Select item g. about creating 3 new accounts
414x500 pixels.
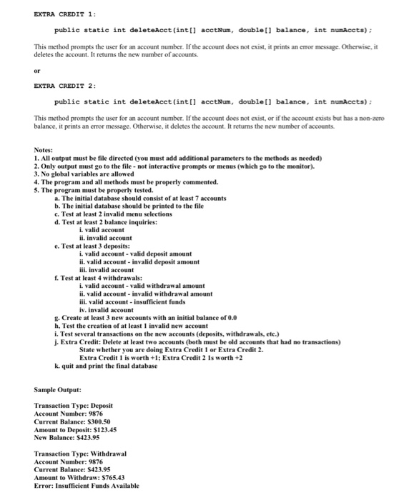135,318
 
